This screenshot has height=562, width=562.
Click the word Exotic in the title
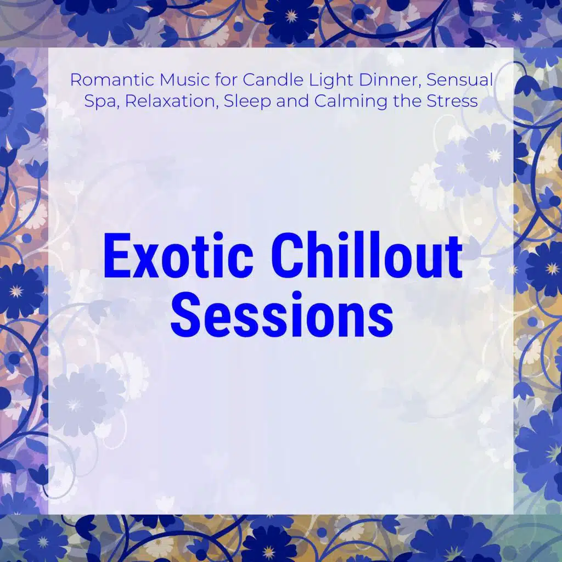coord(178,256)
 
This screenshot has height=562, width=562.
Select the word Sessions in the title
coord(282,314)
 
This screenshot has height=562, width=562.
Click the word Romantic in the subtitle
coord(113,80)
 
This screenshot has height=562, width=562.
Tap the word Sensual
coord(460,80)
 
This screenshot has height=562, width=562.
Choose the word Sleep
coord(248,102)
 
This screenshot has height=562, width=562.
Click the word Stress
coord(452,101)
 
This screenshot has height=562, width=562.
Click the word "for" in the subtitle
coord(226,80)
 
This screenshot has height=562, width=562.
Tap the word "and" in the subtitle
coord(293,101)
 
